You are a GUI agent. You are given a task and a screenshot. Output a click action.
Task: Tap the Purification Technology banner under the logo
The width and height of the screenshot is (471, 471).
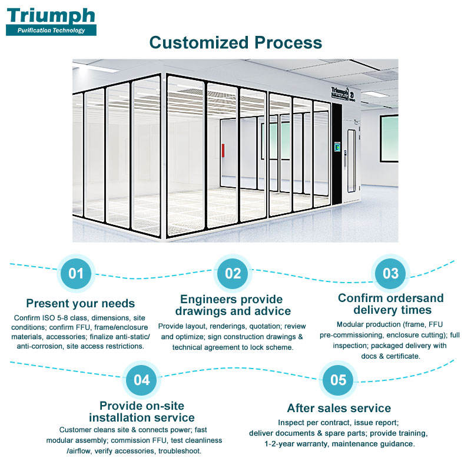click(x=51, y=30)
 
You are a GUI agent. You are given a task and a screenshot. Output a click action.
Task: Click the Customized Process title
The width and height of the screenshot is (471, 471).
click(x=235, y=42)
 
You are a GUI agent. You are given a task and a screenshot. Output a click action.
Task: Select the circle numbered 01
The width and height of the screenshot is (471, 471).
click(x=76, y=273)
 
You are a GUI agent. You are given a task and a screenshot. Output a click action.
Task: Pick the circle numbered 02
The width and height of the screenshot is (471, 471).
click(x=233, y=273)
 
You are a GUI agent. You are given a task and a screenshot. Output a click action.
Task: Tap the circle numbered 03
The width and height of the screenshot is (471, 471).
click(x=390, y=273)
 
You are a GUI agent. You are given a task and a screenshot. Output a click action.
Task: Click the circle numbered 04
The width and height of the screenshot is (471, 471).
click(x=141, y=380)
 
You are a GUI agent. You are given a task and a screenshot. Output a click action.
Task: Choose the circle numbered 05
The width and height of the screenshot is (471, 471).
click(x=339, y=380)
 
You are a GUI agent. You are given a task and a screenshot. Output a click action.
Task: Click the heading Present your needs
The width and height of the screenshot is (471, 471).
click(x=81, y=304)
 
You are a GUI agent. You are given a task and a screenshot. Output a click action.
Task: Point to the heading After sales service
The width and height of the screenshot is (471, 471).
click(x=339, y=408)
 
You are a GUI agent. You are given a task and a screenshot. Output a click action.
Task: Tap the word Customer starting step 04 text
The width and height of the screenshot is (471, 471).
click(x=78, y=430)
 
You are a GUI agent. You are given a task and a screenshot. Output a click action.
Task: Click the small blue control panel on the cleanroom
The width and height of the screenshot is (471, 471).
click(x=337, y=148)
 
